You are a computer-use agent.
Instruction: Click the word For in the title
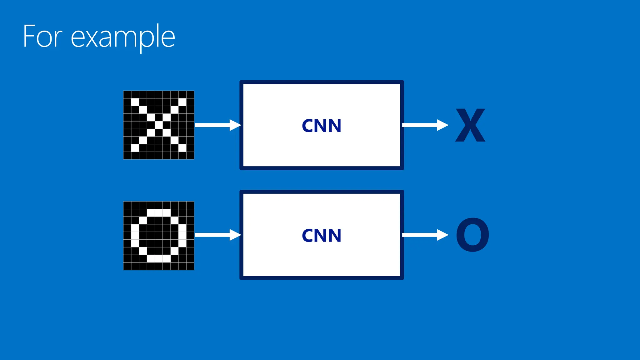point(42,37)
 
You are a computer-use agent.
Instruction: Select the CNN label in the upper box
point(322,126)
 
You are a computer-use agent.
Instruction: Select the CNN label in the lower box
point(322,235)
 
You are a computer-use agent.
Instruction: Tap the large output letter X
point(470,125)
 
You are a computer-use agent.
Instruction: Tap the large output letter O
point(472,235)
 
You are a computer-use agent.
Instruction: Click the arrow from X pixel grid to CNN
point(217,125)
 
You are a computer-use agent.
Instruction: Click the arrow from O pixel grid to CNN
point(217,235)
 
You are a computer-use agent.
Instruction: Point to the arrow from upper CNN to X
point(425,125)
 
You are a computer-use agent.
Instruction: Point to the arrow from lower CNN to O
point(425,235)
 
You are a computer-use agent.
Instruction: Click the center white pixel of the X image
point(159,125)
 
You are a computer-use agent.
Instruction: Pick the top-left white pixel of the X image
point(135,102)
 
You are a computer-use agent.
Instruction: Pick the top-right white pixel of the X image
point(182,102)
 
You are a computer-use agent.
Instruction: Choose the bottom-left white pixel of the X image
point(135,148)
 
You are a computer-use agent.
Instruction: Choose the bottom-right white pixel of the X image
point(182,148)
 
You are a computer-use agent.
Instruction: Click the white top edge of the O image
point(159,213)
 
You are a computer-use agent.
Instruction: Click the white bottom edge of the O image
point(159,258)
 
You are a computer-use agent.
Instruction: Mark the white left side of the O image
point(135,235)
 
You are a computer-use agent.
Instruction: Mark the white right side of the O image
point(182,235)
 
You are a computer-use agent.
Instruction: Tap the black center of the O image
point(159,235)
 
